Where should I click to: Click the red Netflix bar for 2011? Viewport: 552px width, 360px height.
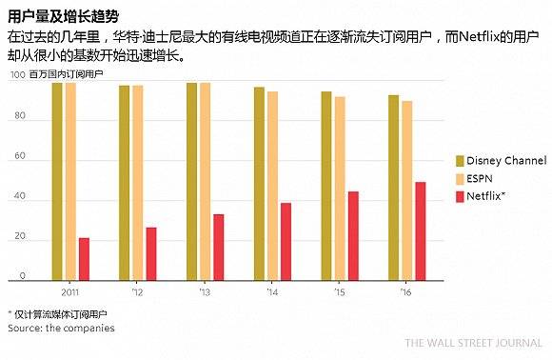[84, 258]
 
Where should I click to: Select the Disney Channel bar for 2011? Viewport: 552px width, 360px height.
[57, 181]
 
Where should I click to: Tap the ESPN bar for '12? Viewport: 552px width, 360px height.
[137, 182]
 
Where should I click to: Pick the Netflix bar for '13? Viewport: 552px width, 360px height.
[218, 246]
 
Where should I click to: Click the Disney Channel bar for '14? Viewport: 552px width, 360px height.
[259, 183]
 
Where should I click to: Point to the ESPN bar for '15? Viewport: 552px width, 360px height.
[340, 187]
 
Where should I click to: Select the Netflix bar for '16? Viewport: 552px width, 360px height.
[420, 230]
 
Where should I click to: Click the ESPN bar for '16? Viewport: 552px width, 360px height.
[407, 189]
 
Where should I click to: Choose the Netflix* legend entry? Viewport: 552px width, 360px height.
[483, 196]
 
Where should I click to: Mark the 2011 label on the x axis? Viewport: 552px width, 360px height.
[69, 292]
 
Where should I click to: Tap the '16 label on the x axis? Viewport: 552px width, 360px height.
[407, 292]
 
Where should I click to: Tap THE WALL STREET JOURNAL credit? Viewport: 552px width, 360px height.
[473, 344]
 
